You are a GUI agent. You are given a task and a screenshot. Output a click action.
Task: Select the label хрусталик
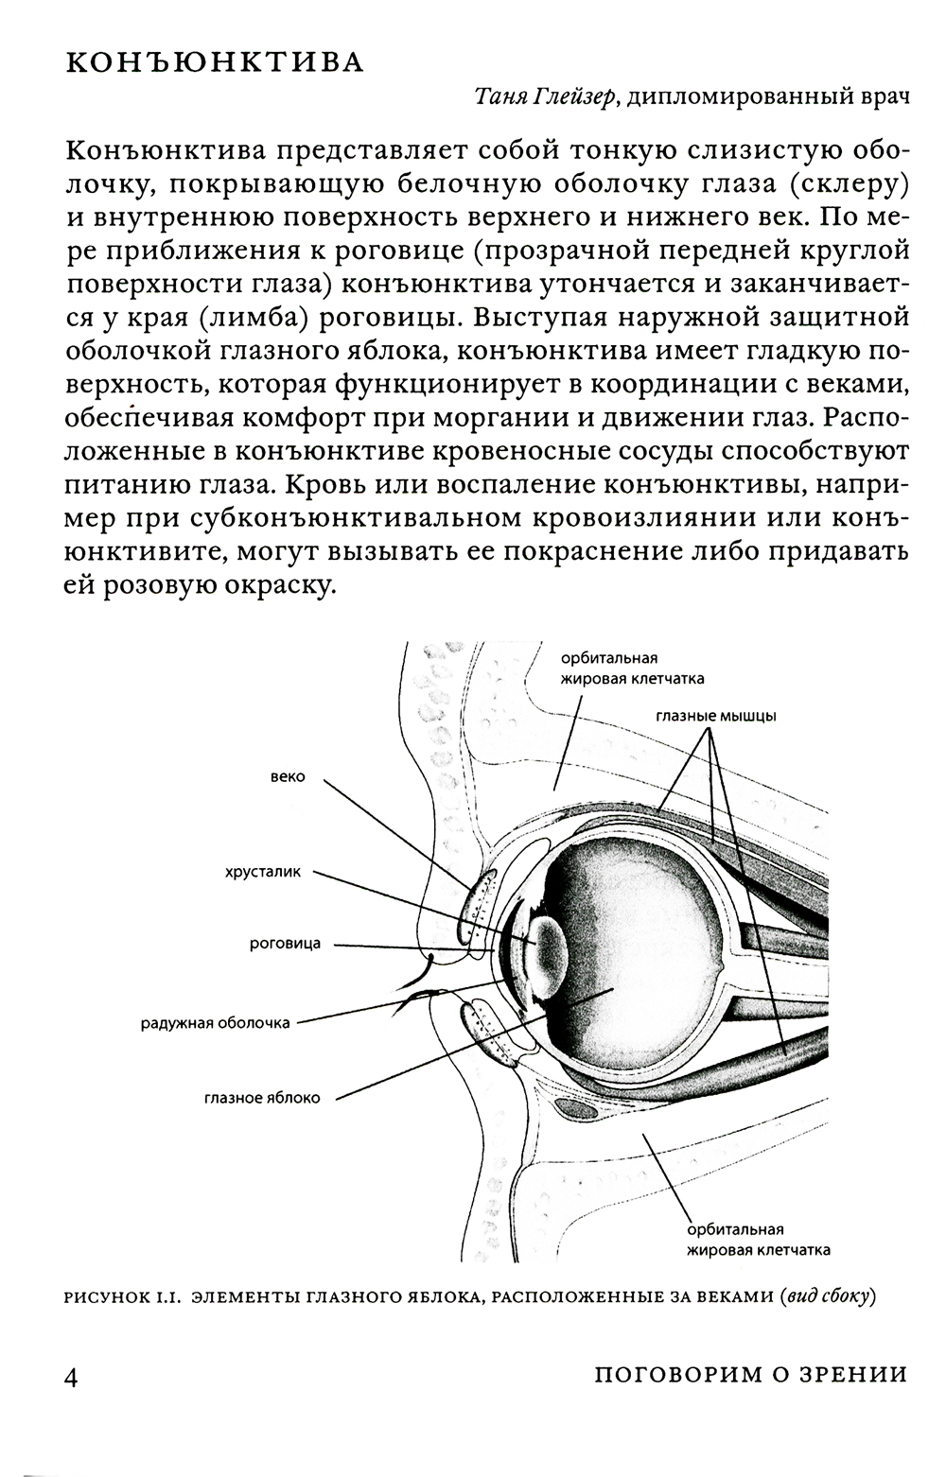click(263, 872)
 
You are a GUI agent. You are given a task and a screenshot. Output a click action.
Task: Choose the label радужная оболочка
click(216, 1022)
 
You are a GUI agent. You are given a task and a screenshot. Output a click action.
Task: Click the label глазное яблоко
click(262, 1098)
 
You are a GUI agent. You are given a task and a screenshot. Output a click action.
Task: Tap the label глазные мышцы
click(716, 716)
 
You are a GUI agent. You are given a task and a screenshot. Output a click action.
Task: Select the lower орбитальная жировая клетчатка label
click(759, 1240)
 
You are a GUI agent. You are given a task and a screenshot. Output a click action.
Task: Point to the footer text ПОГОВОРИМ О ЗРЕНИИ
click(751, 1375)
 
